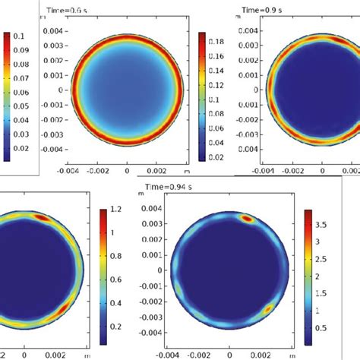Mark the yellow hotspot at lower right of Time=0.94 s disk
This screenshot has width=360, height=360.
pos(267,308)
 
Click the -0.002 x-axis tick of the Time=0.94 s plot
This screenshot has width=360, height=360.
pos(201,353)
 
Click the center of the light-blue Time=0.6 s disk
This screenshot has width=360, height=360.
pos(126,90)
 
